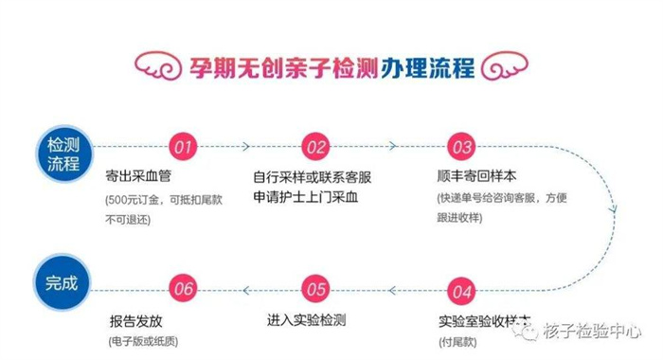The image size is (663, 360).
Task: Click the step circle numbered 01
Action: pyautogui.click(x=184, y=147)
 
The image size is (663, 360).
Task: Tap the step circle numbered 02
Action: pyautogui.click(x=315, y=147)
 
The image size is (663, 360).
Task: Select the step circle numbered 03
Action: pyautogui.click(x=461, y=147)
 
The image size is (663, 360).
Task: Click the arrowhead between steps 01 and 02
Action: pyautogui.click(x=244, y=147)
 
